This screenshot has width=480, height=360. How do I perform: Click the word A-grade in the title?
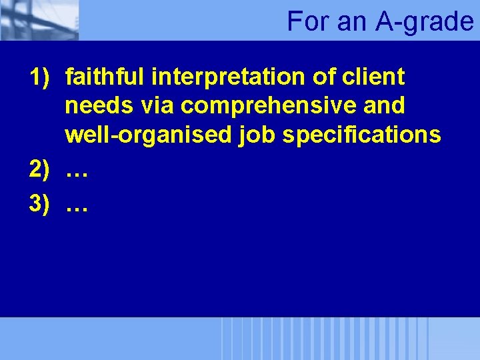425,21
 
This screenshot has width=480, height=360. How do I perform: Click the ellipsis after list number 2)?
77,173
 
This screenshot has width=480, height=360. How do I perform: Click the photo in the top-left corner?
39,20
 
